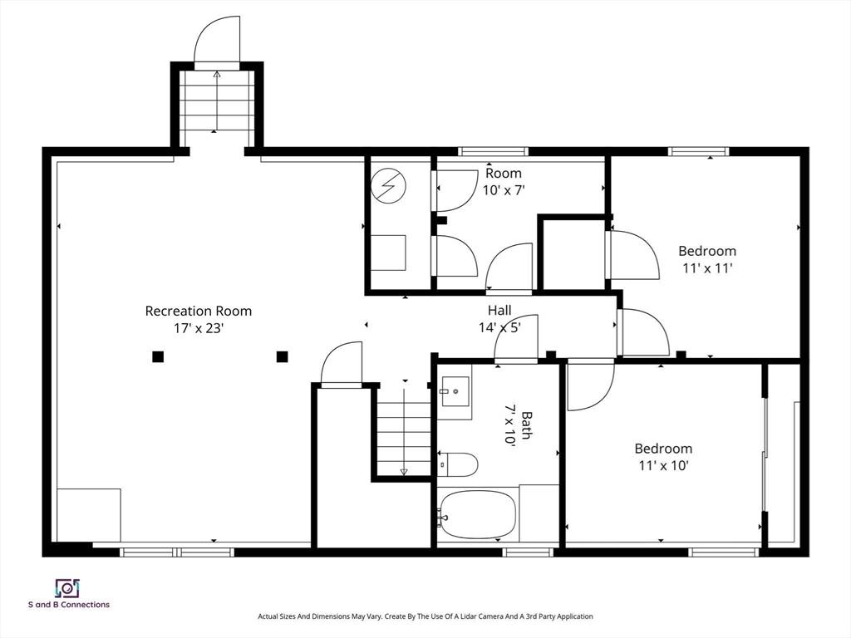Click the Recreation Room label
tap(198, 312)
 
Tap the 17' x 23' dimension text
tap(199, 328)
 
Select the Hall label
tap(499, 311)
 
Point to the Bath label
tap(526, 425)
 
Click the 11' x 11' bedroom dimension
tap(707, 268)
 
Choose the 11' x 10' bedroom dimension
tap(663, 465)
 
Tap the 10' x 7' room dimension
tap(504, 190)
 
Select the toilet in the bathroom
tap(458, 464)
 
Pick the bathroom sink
tap(455, 392)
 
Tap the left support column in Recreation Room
tap(158, 356)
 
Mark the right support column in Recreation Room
tap(283, 356)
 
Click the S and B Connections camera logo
tap(68, 589)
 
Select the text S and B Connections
tap(69, 605)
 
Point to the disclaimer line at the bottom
tap(425, 616)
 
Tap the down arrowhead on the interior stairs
tap(404, 472)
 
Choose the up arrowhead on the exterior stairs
tap(217, 75)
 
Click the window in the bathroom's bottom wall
tap(528, 552)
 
